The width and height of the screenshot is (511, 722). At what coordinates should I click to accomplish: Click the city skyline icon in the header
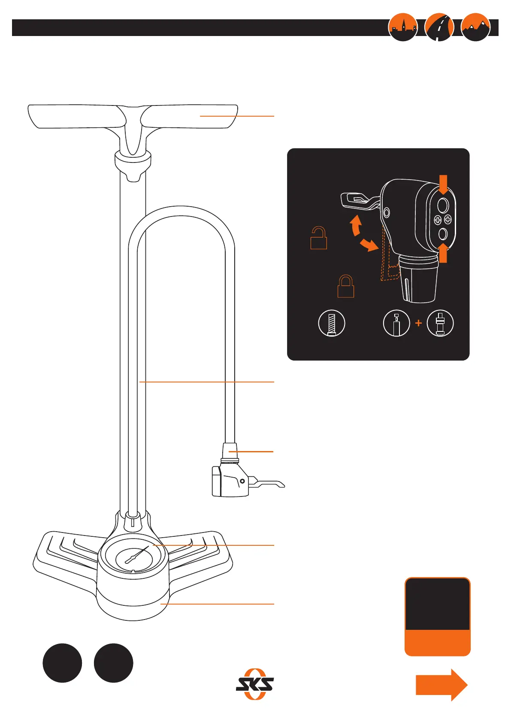click(x=402, y=27)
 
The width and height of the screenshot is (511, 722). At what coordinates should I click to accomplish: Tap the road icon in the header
click(x=439, y=27)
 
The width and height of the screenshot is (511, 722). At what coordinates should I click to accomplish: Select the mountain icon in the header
click(x=475, y=27)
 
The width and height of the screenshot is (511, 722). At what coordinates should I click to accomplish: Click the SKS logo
click(x=255, y=684)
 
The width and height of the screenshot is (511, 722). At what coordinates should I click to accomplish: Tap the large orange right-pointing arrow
click(x=441, y=685)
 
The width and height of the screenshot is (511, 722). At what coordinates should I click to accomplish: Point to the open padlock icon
click(x=319, y=238)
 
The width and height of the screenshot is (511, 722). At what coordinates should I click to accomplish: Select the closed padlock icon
click(x=346, y=286)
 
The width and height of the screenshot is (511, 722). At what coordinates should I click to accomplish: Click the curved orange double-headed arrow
click(x=361, y=235)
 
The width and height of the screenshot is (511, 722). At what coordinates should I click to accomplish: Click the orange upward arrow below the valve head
click(x=444, y=253)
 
